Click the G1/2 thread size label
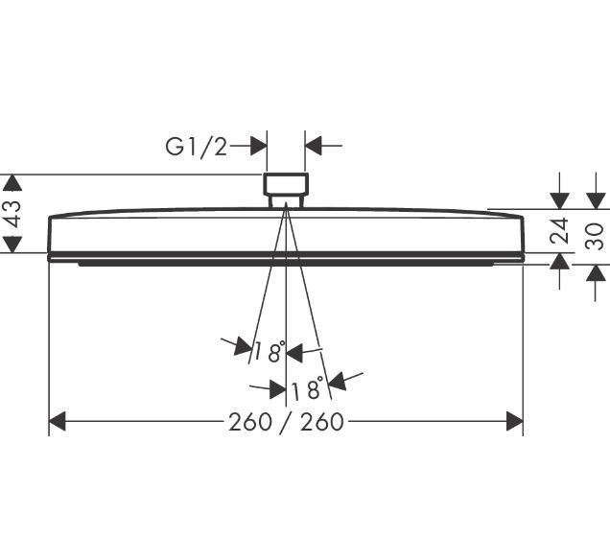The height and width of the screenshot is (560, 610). (197, 147)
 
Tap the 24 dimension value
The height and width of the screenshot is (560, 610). (560, 231)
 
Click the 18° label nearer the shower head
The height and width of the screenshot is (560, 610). (270, 352)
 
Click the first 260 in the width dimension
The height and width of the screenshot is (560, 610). (249, 422)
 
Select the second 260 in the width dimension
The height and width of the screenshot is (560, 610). (322, 422)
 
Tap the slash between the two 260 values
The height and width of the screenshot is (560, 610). (286, 422)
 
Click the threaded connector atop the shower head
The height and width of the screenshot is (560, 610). (286, 189)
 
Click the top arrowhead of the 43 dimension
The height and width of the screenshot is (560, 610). (12, 182)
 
